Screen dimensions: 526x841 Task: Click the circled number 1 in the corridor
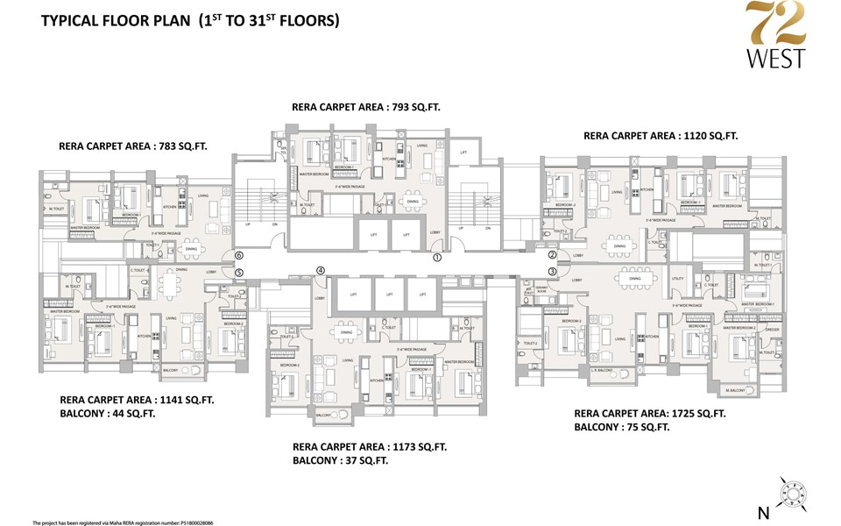(x=436, y=259)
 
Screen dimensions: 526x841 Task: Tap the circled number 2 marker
(x=553, y=255)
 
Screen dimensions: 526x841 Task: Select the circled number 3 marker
(x=553, y=272)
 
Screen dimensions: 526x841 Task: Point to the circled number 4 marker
(x=321, y=271)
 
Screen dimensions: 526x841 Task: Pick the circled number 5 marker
(x=238, y=272)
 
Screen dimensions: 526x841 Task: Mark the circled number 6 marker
(x=238, y=255)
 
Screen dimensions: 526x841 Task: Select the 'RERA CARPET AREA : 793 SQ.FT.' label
(x=365, y=107)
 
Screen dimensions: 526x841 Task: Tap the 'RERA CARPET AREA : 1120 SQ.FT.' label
(x=661, y=136)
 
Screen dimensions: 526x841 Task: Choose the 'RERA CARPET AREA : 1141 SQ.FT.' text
(x=136, y=400)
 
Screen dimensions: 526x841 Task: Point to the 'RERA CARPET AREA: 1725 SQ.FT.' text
(x=649, y=412)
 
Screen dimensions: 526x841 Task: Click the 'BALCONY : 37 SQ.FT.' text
(x=341, y=460)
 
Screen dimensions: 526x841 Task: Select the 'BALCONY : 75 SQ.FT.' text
(x=622, y=427)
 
